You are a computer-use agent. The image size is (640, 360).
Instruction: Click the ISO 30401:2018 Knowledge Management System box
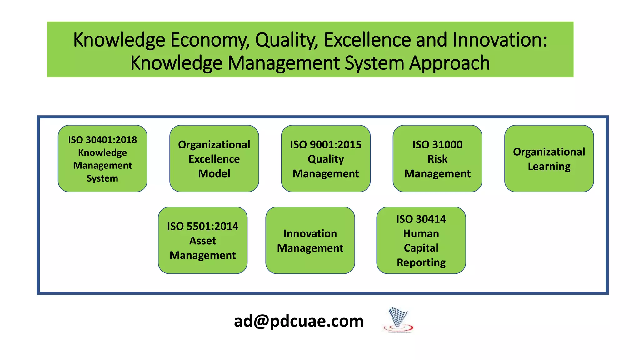pyautogui.click(x=102, y=159)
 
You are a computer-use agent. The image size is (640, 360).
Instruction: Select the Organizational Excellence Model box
pyautogui.click(x=214, y=159)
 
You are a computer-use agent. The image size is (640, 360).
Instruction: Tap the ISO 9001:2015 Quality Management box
pyautogui.click(x=326, y=159)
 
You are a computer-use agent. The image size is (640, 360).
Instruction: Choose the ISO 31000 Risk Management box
pyautogui.click(x=437, y=159)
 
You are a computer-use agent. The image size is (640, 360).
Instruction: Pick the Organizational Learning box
pyautogui.click(x=549, y=159)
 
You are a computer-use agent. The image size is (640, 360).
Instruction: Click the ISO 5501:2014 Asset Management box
pyautogui.click(x=202, y=240)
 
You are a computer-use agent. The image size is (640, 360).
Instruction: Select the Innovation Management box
pyautogui.click(x=310, y=240)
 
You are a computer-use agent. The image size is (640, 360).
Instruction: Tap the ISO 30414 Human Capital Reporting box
pyautogui.click(x=421, y=240)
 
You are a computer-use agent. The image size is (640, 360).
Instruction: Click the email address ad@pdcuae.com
pyautogui.click(x=299, y=321)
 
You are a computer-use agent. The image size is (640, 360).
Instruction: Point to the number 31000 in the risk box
pyautogui.click(x=448, y=145)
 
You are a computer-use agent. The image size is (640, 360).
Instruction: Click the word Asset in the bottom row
pyautogui.click(x=202, y=241)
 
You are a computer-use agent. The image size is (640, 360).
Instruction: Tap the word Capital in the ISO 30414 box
pyautogui.click(x=421, y=248)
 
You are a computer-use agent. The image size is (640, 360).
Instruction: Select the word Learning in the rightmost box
pyautogui.click(x=549, y=167)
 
